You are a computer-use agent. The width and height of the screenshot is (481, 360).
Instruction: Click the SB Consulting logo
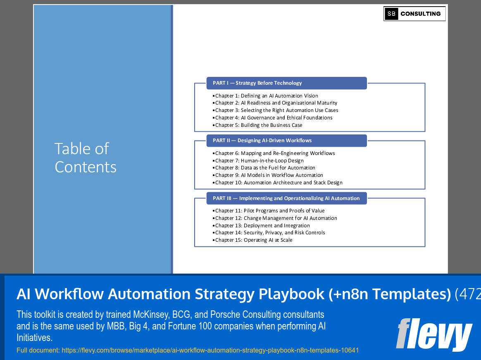click(414, 14)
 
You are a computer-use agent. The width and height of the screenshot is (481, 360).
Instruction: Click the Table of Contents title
click(86, 157)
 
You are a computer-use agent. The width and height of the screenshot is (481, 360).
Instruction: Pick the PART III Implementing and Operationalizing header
click(286, 198)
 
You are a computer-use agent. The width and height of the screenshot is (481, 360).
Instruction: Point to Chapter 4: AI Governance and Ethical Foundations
click(274, 118)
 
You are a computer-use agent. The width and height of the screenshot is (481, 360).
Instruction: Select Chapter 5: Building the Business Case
click(259, 125)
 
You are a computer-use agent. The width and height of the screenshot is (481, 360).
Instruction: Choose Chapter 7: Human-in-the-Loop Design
click(259, 161)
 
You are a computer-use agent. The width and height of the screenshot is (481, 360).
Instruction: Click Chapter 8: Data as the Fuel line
click(265, 168)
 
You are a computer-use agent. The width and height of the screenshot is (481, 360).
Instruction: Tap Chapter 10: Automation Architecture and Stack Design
click(279, 183)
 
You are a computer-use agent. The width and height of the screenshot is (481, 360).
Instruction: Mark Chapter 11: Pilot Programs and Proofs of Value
click(270, 211)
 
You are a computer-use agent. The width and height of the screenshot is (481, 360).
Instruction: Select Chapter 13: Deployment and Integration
click(262, 226)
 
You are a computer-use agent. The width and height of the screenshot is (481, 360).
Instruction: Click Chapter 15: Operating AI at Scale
click(254, 240)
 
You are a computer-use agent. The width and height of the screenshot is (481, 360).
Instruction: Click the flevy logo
click(434, 334)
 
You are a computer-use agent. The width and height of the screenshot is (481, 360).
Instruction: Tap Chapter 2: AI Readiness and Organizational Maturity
click(276, 103)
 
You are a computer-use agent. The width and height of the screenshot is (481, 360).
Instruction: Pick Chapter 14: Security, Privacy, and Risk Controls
click(270, 233)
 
